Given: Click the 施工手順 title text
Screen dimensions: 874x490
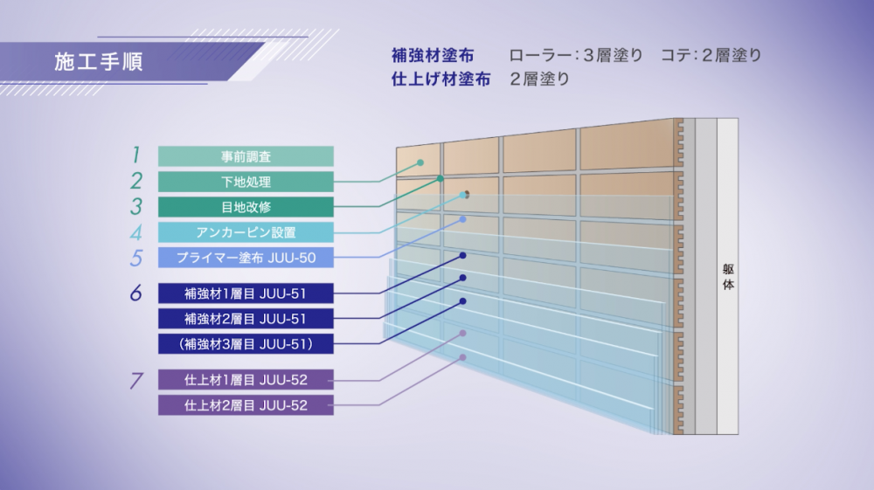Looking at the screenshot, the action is click(x=99, y=62).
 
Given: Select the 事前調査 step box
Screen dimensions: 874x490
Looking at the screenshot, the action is click(x=246, y=156).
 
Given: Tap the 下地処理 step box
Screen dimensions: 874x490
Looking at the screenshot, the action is click(x=246, y=182).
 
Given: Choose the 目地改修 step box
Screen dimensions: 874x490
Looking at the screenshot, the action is click(x=246, y=207).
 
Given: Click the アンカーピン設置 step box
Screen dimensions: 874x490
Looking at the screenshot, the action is click(x=246, y=232).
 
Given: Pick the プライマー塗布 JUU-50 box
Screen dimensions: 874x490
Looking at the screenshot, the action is click(x=246, y=258).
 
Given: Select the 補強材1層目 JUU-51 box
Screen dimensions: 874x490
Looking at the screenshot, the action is click(x=246, y=293).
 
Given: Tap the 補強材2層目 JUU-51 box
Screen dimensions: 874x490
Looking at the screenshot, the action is click(x=246, y=319).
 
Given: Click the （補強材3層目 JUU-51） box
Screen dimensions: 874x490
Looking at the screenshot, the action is click(x=246, y=343).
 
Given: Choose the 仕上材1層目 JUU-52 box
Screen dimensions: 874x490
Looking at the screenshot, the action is click(x=246, y=380).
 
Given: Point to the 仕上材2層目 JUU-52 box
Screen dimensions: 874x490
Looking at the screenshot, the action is click(x=246, y=404).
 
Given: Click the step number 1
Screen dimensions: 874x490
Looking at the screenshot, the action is click(x=135, y=155).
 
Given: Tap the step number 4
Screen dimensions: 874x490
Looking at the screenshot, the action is click(x=135, y=232).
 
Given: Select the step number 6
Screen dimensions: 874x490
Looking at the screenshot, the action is click(x=136, y=293).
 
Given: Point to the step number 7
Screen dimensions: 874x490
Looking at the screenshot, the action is click(x=136, y=380).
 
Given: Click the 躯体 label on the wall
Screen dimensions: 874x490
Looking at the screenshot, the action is click(x=728, y=277).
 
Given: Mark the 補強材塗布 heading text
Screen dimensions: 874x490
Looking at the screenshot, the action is click(x=433, y=56).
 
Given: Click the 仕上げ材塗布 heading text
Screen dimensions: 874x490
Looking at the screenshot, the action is click(x=440, y=79).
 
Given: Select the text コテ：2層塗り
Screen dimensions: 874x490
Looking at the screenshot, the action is click(x=711, y=55).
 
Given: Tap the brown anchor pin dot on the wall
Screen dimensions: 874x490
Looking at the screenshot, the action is click(x=467, y=194).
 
